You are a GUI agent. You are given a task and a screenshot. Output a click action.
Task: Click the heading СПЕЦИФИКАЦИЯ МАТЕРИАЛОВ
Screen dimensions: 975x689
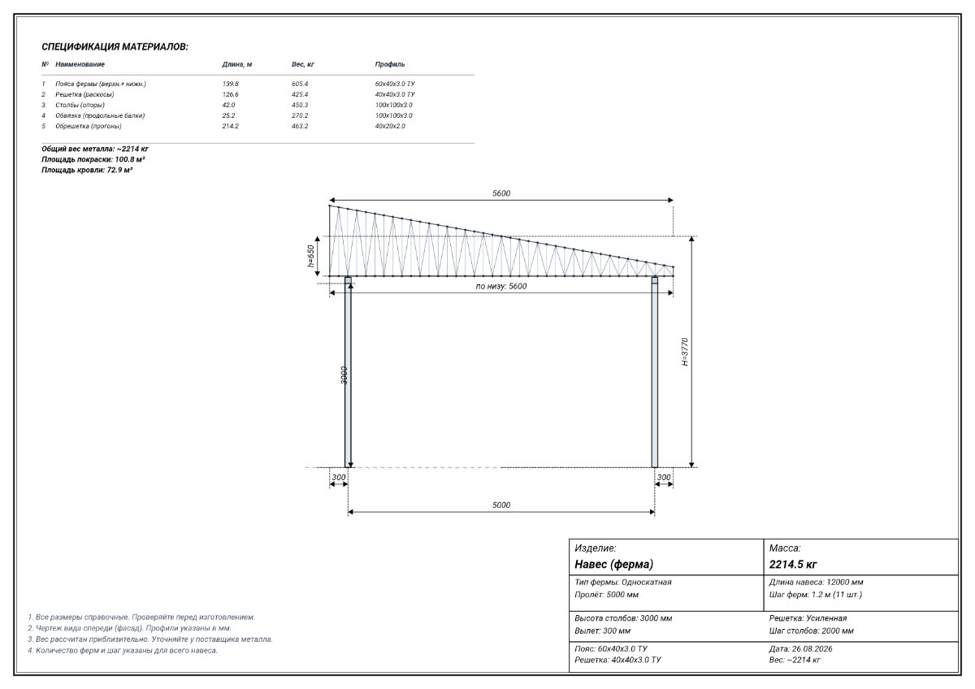(x=115, y=46)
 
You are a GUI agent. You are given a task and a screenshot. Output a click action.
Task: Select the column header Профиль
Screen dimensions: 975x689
(x=390, y=64)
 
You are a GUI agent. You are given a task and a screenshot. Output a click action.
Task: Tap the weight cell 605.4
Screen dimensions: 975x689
(x=300, y=84)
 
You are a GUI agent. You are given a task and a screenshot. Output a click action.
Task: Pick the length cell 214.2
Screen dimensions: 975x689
(x=230, y=126)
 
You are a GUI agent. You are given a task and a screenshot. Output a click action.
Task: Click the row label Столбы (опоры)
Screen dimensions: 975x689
(x=80, y=105)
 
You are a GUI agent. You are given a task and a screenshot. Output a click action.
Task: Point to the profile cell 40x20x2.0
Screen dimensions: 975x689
(x=390, y=126)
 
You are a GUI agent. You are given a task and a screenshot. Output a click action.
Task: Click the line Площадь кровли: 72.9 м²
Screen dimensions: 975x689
(x=87, y=170)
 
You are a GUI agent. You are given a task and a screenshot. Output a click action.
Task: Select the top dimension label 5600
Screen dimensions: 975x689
(x=501, y=193)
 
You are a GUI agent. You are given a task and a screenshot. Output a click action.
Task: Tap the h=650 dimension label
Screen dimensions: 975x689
(x=310, y=256)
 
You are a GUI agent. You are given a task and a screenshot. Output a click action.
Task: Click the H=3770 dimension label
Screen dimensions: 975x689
(x=685, y=352)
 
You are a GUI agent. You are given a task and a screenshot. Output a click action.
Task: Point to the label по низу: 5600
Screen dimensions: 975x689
(x=501, y=286)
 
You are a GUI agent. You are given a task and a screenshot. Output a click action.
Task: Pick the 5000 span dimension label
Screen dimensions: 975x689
(x=501, y=505)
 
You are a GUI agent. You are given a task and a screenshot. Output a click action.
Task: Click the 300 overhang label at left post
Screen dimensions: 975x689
(x=339, y=477)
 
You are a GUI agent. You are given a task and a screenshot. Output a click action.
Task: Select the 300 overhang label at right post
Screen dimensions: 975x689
(x=664, y=477)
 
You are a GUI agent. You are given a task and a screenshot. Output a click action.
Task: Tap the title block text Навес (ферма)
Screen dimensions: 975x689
(x=613, y=564)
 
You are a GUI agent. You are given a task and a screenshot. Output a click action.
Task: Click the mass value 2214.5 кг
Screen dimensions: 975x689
(x=793, y=565)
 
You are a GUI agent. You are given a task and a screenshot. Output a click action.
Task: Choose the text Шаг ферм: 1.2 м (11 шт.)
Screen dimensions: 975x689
(x=815, y=595)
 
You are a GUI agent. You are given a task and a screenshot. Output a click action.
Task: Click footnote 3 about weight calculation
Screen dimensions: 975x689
(x=150, y=639)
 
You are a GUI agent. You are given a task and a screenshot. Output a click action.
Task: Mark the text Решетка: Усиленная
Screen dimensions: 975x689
(x=808, y=618)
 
